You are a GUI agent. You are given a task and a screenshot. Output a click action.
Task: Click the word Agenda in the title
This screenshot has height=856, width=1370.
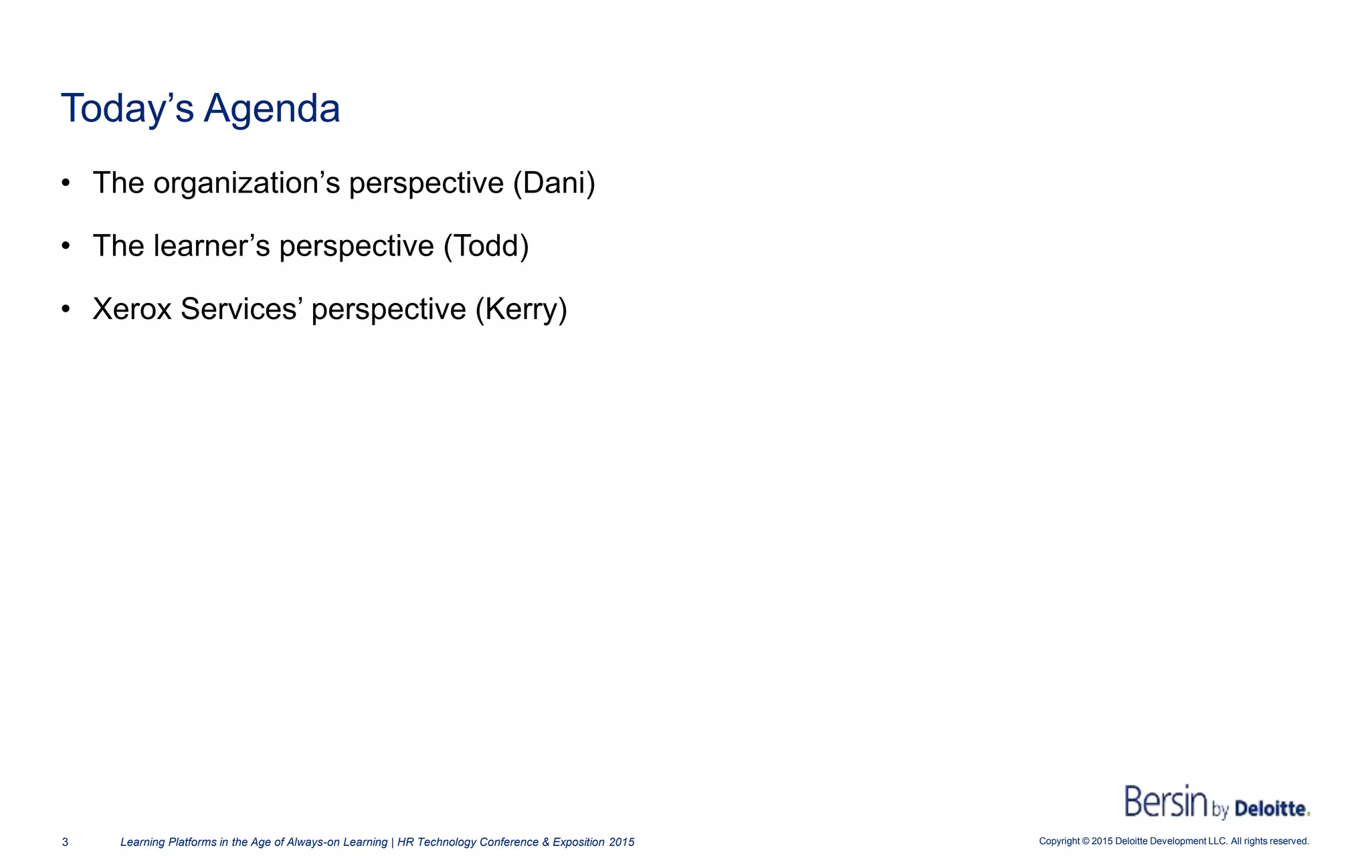point(272,108)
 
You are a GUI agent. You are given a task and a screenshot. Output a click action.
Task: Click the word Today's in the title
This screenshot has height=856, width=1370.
point(127,108)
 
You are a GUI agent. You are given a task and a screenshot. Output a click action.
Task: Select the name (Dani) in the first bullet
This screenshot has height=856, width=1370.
point(554,183)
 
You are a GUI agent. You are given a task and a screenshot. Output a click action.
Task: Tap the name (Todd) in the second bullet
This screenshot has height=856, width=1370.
point(486,246)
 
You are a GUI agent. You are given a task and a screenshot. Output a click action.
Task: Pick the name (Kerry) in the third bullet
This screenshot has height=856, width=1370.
point(521,309)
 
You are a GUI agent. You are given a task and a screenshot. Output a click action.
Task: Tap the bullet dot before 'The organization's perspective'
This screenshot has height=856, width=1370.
point(66,183)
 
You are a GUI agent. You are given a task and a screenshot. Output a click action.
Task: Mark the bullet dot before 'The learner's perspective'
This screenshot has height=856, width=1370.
point(66,246)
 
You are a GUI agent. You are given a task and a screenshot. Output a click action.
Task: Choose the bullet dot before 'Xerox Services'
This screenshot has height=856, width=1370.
point(66,309)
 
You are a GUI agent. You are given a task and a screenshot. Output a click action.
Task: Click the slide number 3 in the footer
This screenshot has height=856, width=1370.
point(65,842)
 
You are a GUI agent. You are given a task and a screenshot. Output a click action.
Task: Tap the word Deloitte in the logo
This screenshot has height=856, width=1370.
point(1270,809)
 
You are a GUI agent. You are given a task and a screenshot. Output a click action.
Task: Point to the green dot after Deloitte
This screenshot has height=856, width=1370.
point(1308,814)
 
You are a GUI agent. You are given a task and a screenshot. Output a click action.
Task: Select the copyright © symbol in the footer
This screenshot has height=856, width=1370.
point(1085,841)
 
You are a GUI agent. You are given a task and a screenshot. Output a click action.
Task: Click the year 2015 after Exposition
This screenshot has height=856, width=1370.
point(621,842)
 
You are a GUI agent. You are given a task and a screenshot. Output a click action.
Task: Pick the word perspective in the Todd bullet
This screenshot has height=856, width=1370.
point(357,246)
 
